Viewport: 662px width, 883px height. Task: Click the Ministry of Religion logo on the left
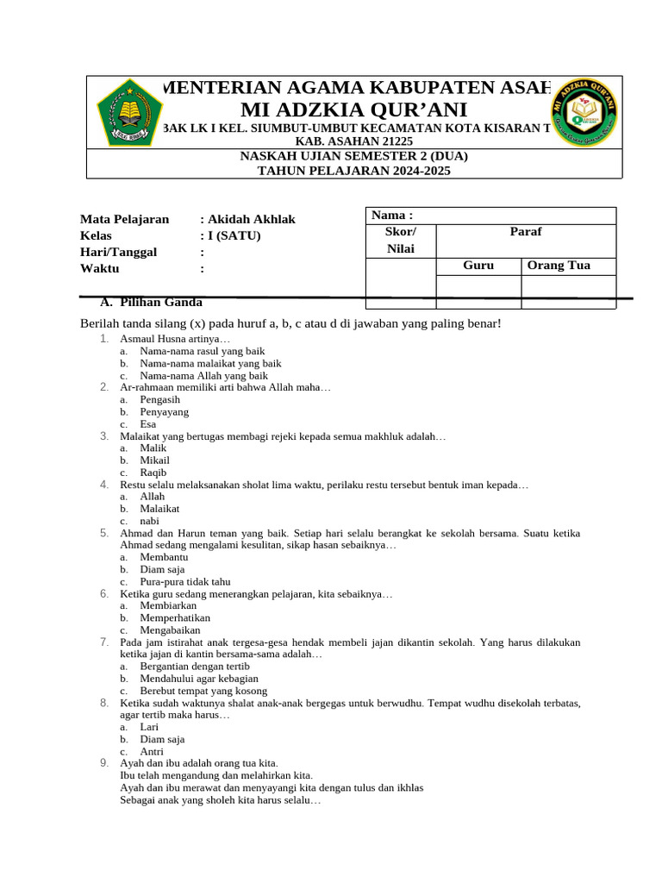128,111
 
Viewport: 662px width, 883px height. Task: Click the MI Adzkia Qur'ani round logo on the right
584,111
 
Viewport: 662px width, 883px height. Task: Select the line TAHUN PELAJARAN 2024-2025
354,171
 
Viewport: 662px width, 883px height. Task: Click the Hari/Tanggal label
118,252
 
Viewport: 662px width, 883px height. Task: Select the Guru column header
478,266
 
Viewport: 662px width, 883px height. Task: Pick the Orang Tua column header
559,266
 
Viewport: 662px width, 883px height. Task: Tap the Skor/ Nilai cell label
401,241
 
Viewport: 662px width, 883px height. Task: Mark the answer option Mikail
155,460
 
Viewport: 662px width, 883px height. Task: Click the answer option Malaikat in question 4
159,509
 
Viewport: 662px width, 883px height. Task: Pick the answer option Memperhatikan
175,617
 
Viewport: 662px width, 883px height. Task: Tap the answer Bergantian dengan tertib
195,667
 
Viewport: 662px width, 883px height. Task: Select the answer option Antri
152,751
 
